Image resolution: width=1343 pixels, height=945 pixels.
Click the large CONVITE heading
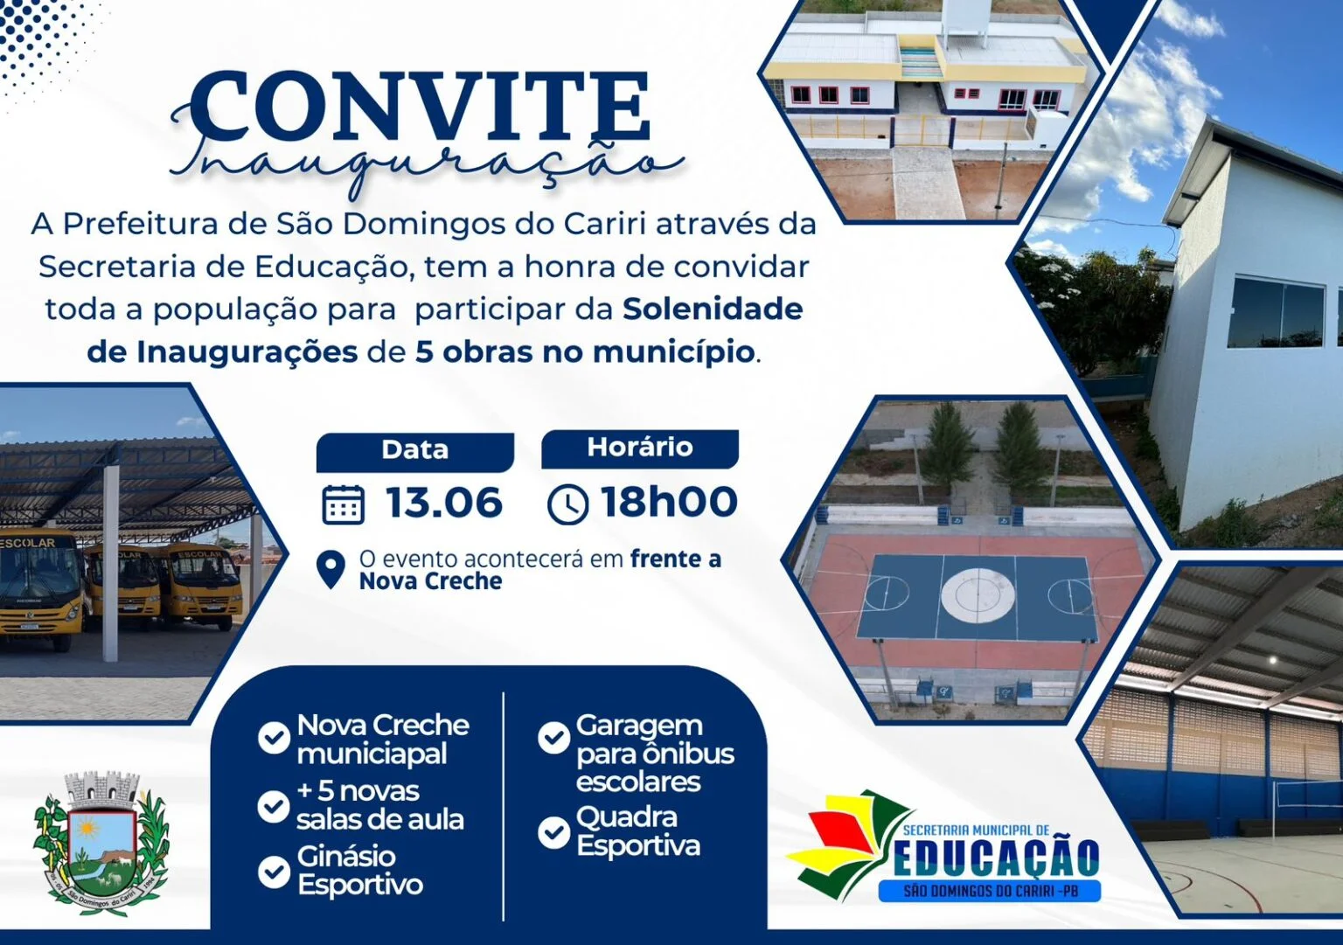click(419, 106)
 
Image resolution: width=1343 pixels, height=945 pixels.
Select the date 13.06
click(443, 503)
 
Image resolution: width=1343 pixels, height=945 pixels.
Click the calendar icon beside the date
click(344, 505)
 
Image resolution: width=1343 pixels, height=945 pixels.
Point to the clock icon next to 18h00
click(567, 505)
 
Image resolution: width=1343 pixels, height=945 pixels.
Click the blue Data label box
click(415, 451)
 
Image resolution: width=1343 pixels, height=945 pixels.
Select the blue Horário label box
click(640, 448)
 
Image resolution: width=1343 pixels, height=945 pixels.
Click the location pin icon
click(331, 570)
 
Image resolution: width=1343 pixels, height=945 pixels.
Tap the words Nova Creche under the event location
click(430, 581)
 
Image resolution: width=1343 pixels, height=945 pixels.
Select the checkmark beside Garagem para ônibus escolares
click(554, 738)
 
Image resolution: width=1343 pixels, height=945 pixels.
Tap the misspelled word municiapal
click(372, 754)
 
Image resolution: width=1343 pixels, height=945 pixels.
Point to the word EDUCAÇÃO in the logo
click(996, 858)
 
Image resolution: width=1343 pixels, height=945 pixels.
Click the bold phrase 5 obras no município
click(584, 352)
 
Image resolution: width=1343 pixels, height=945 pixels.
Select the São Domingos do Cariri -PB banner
click(990, 891)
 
